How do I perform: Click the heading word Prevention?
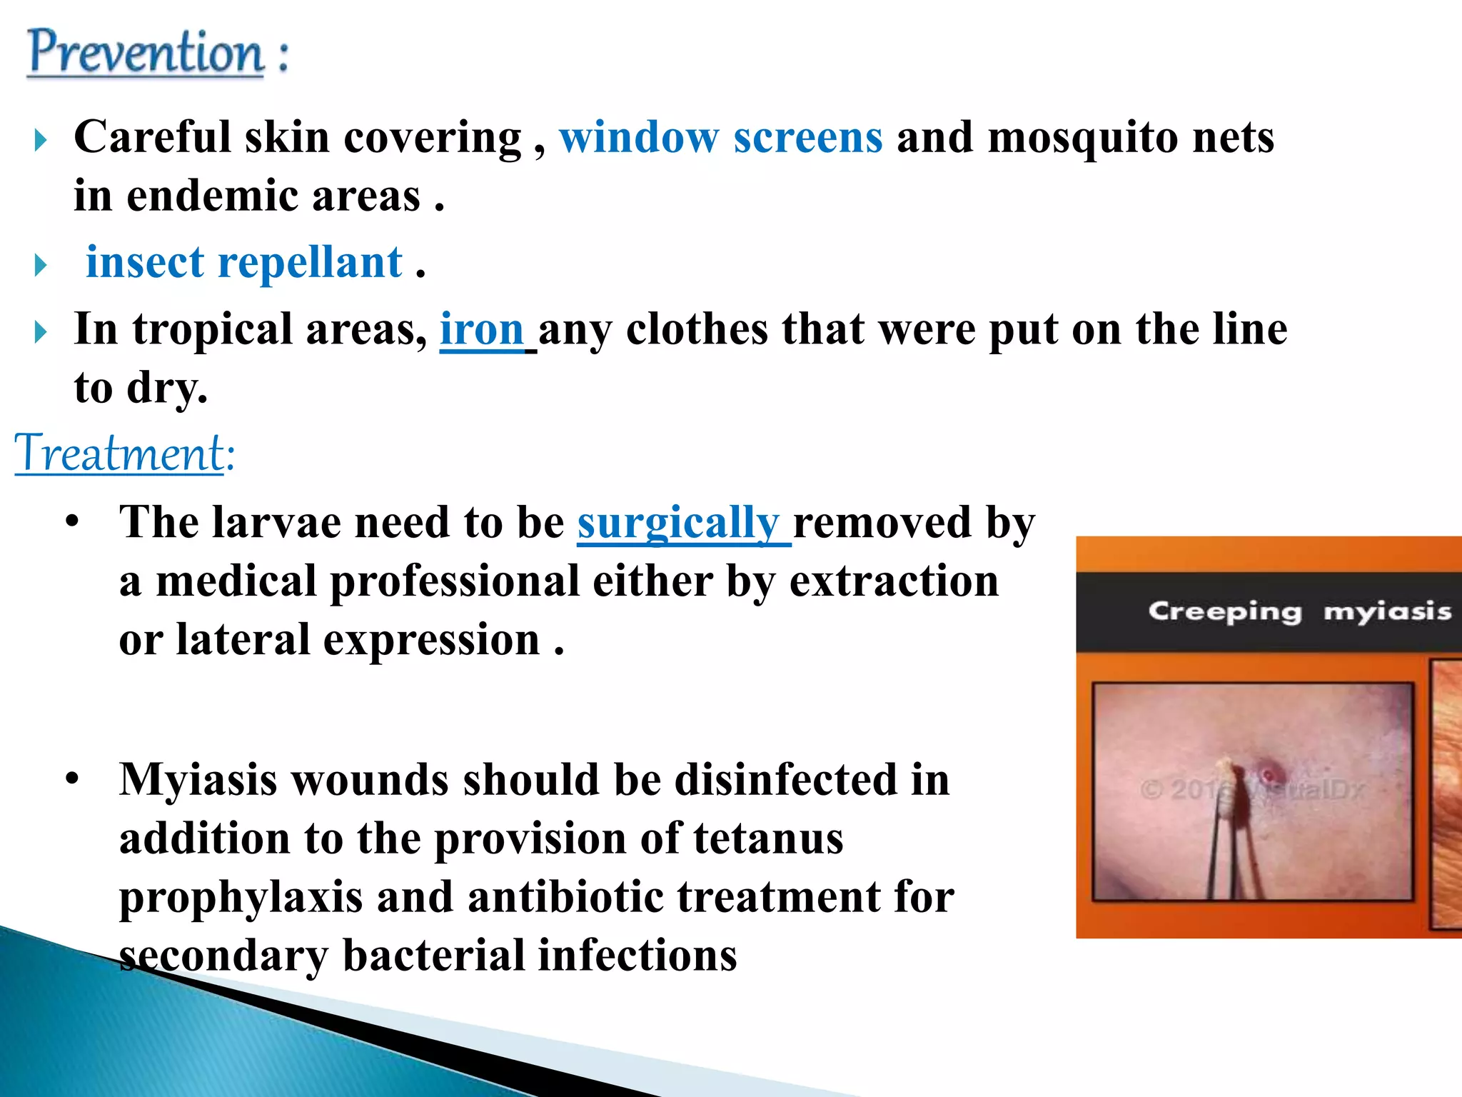tap(146, 53)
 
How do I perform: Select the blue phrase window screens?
tap(721, 137)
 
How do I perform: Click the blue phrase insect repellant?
tap(244, 262)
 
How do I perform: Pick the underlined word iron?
tap(482, 330)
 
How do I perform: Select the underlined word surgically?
tap(678, 523)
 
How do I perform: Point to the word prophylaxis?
tap(241, 898)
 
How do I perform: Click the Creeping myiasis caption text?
tap(1299, 612)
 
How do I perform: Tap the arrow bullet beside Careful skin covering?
tap(41, 140)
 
